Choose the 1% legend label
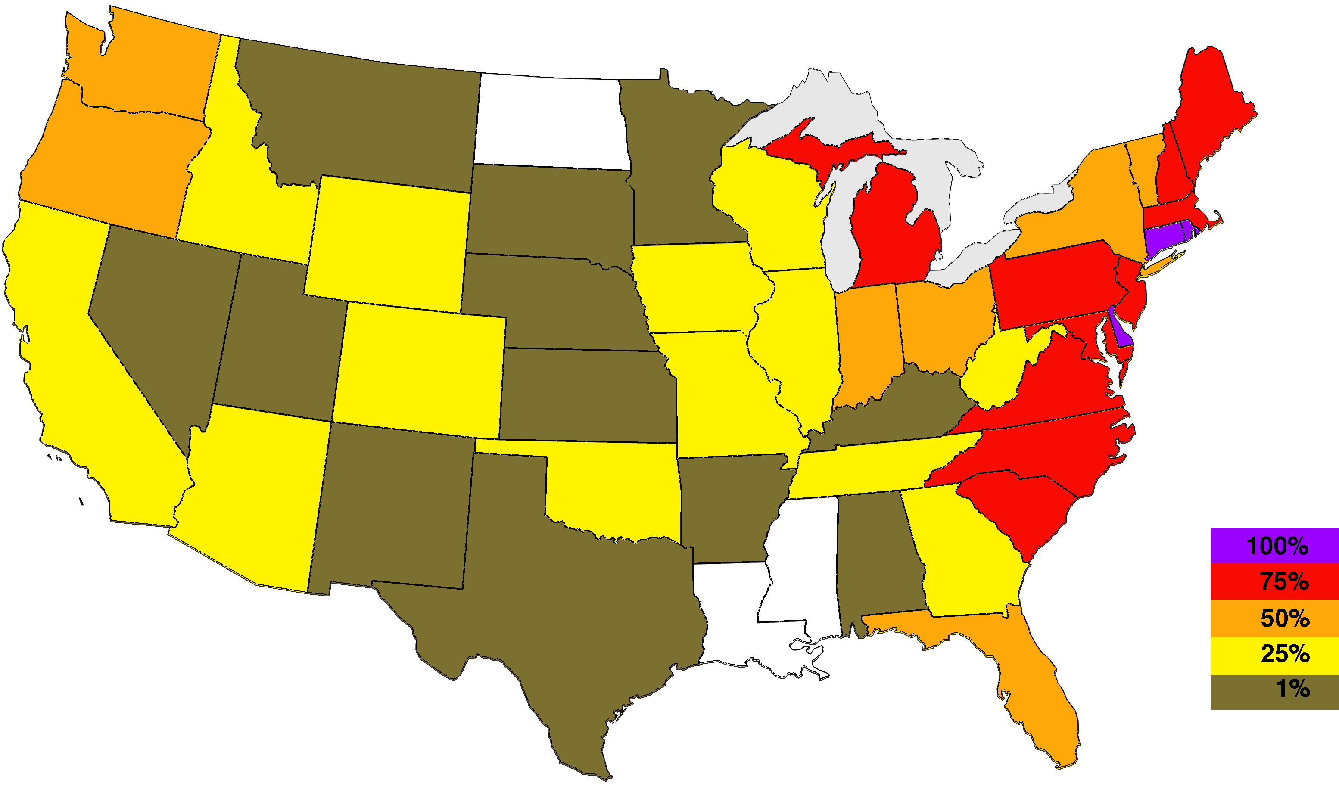(x=1292, y=689)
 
